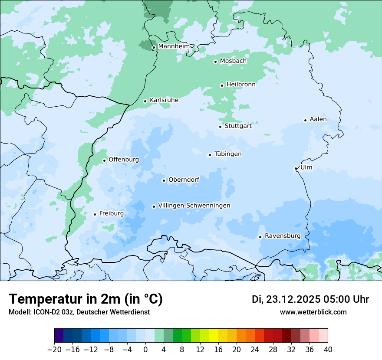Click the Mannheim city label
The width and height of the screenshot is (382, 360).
click(x=174, y=46)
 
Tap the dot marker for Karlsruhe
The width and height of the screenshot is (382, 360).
click(x=145, y=101)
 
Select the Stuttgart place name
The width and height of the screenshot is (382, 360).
click(x=238, y=126)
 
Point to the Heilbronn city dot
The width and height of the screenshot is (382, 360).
click(x=222, y=85)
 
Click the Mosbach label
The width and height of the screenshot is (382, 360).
click(x=233, y=61)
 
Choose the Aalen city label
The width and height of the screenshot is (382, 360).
click(x=318, y=119)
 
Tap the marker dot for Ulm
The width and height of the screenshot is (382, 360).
click(x=296, y=168)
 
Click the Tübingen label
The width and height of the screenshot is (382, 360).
click(x=228, y=154)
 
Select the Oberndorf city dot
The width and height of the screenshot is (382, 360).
click(x=164, y=180)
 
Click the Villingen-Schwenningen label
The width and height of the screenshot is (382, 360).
click(x=194, y=206)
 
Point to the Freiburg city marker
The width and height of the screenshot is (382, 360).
click(x=95, y=214)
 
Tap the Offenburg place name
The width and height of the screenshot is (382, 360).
click(x=124, y=160)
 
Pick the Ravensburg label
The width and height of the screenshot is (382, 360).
click(x=283, y=236)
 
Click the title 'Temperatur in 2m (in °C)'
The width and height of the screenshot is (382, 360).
click(x=86, y=299)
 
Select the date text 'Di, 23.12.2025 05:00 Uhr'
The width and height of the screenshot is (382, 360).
click(x=310, y=299)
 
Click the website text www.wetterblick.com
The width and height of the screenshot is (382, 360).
click(x=313, y=312)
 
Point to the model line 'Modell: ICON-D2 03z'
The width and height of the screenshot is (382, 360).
click(x=79, y=312)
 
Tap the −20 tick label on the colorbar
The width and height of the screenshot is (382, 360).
click(x=54, y=350)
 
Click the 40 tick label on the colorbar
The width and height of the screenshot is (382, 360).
click(x=328, y=350)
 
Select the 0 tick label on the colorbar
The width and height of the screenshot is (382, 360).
click(x=145, y=350)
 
